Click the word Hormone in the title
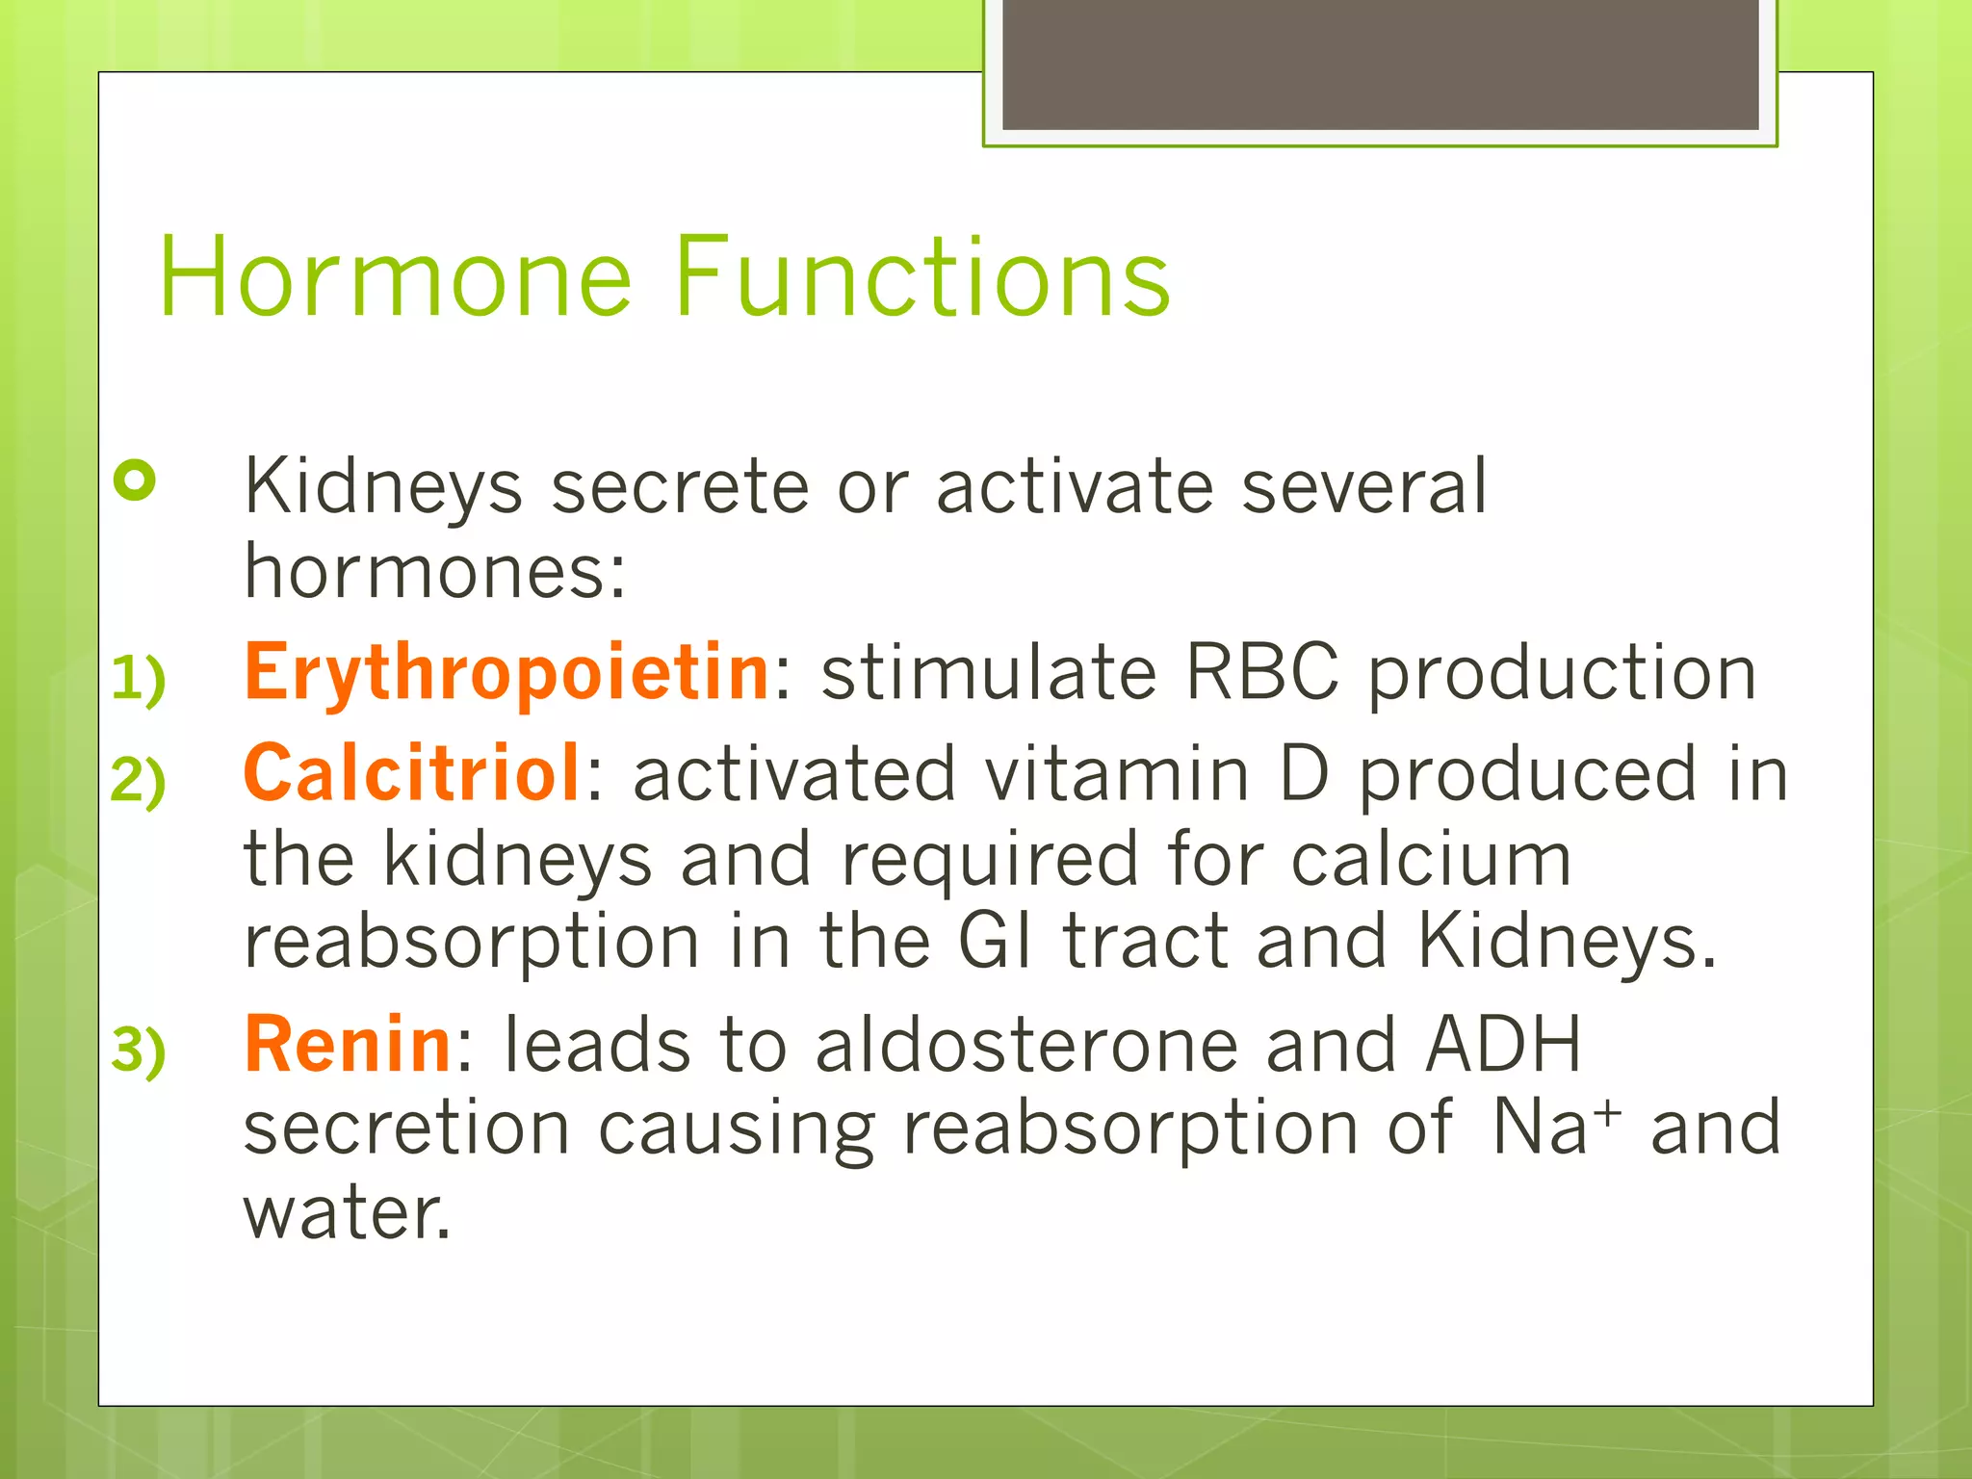pos(395,278)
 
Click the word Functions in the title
pos(922,278)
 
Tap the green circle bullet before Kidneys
pos(135,480)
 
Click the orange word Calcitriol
pos(412,774)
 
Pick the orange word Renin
pos(348,1046)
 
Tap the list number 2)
pos(139,780)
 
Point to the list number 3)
pos(139,1051)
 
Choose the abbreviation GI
pos(996,942)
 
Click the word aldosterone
pos(1026,1046)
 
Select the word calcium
pos(1431,860)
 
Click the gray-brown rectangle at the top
pos(1380,64)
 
